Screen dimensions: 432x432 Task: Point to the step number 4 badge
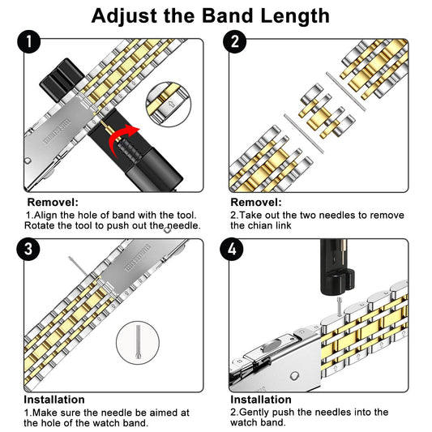[235, 248]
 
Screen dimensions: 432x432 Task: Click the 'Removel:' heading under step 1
[53, 202]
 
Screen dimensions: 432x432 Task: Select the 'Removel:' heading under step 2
[256, 202]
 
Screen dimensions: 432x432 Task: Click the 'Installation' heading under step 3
[53, 400]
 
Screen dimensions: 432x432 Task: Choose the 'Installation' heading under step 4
[261, 400]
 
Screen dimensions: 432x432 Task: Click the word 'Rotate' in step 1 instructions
[41, 225]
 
